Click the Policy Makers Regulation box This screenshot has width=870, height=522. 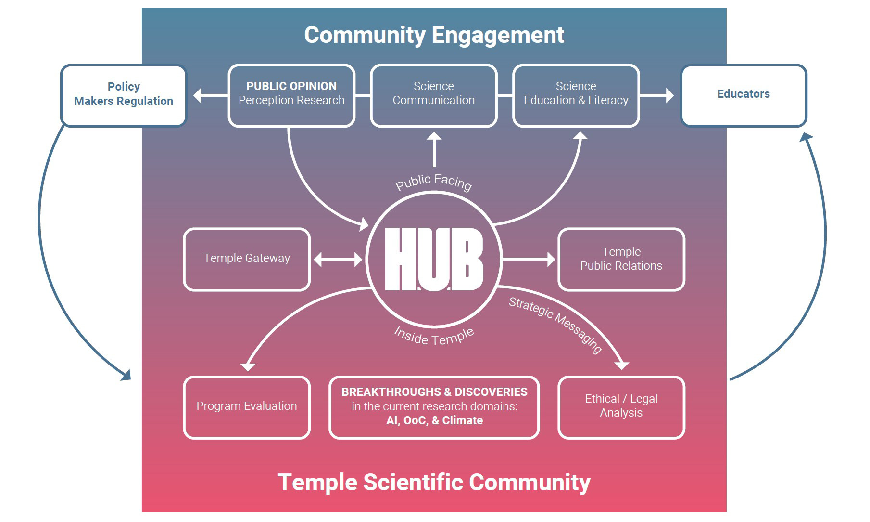tap(123, 95)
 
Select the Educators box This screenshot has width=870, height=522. tap(743, 95)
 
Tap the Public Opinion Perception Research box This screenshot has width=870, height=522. tap(291, 95)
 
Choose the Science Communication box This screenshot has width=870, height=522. tap(433, 95)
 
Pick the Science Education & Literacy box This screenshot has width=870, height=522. tap(576, 95)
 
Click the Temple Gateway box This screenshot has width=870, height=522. tap(247, 259)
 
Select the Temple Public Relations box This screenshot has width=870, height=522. tap(621, 259)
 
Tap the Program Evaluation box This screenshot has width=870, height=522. tap(247, 407)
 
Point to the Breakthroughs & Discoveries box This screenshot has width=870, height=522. tap(434, 407)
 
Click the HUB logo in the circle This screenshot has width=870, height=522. tap(434, 259)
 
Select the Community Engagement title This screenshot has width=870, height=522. tap(434, 35)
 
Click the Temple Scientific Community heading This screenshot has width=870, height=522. tap(434, 482)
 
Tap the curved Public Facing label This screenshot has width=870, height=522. tap(433, 182)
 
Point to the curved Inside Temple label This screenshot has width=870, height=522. tap(434, 336)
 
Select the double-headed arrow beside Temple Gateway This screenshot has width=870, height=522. tap(338, 260)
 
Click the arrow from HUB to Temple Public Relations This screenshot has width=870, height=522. tap(529, 259)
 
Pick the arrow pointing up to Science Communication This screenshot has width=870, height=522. tap(434, 149)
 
